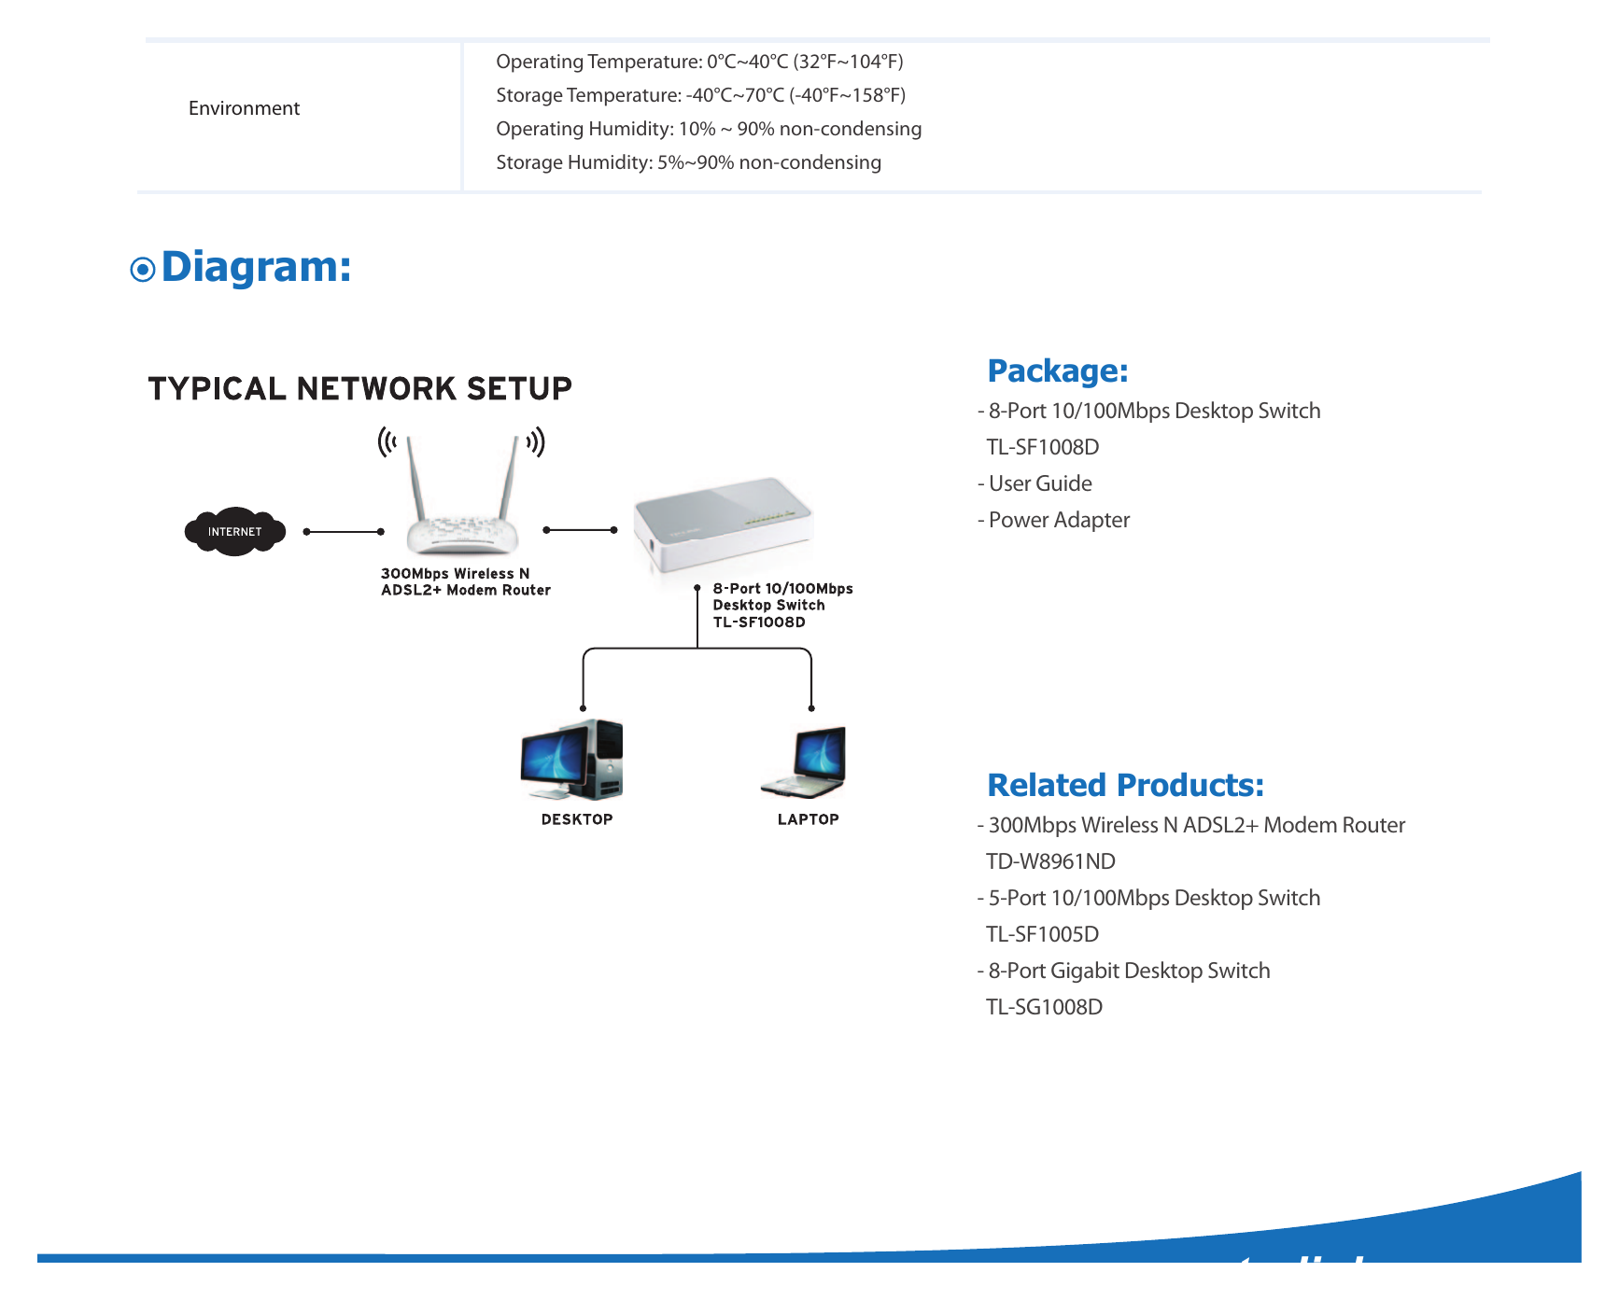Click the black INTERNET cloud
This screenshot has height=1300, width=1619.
point(235,532)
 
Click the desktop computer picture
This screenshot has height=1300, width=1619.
point(571,760)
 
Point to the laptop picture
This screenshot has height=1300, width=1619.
point(804,762)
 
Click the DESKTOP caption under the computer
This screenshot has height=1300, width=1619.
point(577,819)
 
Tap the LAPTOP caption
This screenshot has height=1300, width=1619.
point(809,819)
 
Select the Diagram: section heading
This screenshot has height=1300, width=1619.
point(256,268)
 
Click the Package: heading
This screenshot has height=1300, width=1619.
point(1058,371)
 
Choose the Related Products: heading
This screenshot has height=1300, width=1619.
point(1126,786)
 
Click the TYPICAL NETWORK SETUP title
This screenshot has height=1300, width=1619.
point(359,388)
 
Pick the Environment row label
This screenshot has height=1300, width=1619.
point(244,108)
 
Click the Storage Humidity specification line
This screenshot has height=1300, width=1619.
point(688,162)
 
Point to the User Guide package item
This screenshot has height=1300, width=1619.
point(1035,483)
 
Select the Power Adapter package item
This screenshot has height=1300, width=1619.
point(1053,520)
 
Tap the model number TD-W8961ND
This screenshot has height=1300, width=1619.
point(1051,861)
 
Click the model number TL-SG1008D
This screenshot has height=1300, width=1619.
point(1045,1007)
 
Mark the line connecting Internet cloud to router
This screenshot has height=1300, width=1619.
point(344,532)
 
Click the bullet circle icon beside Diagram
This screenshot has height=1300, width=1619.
point(143,270)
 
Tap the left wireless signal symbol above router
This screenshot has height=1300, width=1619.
point(387,441)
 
